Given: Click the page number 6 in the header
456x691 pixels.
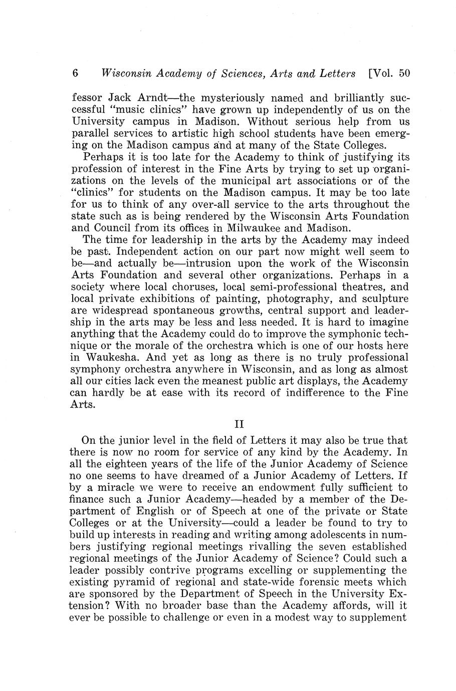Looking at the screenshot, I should click(76, 73).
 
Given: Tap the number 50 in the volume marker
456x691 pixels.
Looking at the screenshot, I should click(404, 73).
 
